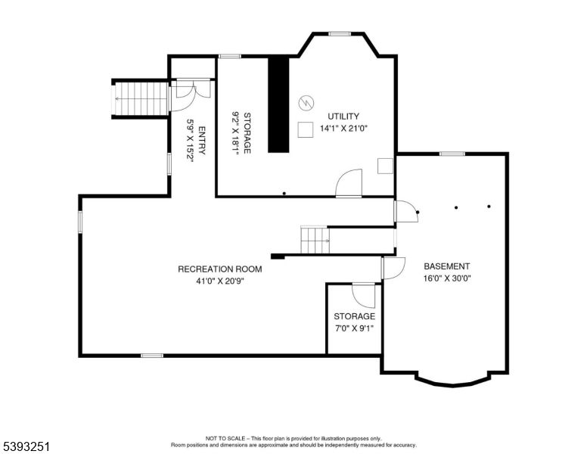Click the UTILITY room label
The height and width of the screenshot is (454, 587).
[343, 116]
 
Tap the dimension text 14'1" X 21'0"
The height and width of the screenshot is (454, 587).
[343, 128]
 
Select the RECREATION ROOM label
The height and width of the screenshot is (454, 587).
[219, 269]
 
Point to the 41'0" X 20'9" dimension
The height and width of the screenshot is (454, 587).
[219, 281]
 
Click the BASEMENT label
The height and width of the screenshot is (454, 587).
[446, 266]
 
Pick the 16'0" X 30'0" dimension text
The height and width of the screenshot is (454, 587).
[446, 278]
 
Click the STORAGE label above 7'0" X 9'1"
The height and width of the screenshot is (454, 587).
[354, 316]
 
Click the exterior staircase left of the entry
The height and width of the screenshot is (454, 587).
[141, 98]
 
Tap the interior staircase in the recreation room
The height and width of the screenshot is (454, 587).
[315, 241]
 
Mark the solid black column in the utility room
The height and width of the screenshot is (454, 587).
[279, 104]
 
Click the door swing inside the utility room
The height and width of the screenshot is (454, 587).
[350, 183]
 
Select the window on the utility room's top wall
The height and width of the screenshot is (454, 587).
[339, 33]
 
